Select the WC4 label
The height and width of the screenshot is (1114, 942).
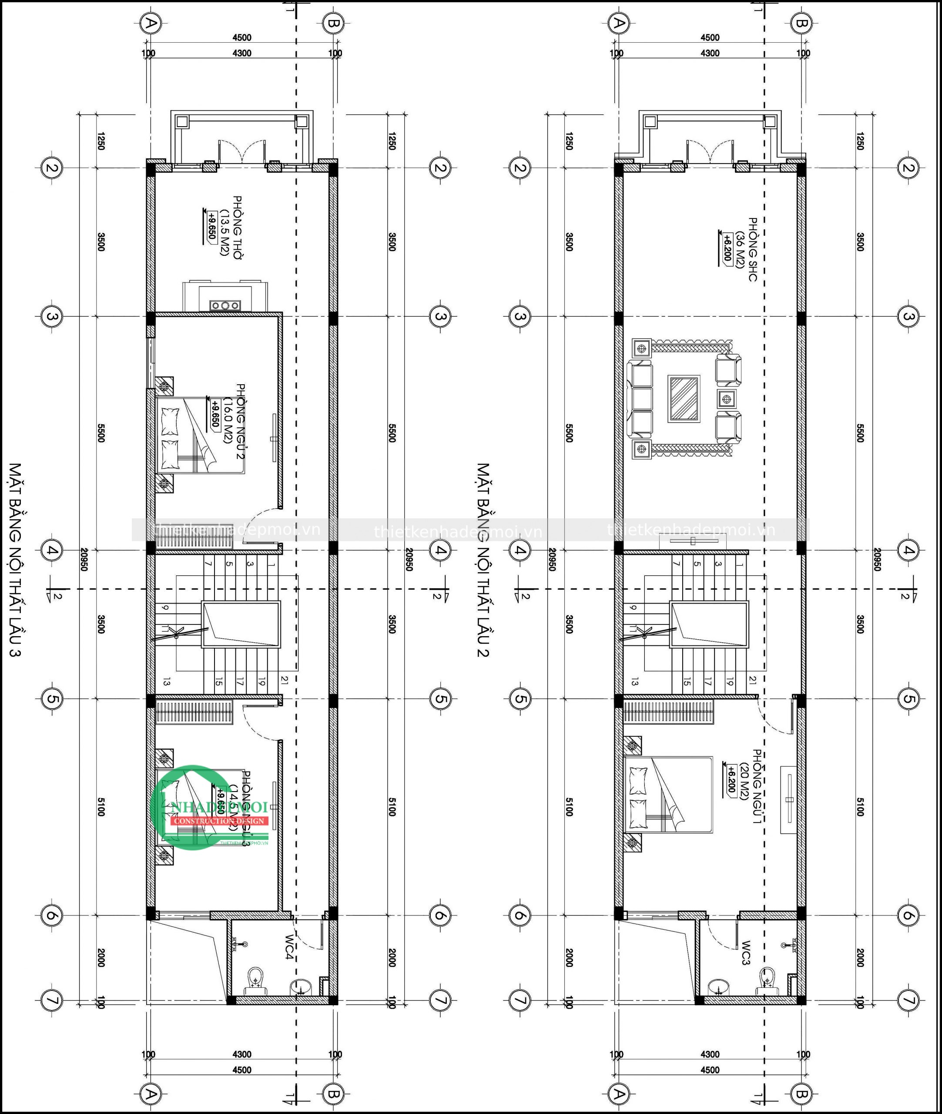pyautogui.click(x=289, y=947)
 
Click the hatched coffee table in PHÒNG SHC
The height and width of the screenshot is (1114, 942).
pyautogui.click(x=684, y=399)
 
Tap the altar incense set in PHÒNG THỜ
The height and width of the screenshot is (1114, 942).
pyautogui.click(x=225, y=305)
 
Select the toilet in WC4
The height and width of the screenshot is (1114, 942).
pyautogui.click(x=257, y=978)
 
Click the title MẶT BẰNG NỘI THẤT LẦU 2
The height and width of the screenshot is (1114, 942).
pyautogui.click(x=484, y=561)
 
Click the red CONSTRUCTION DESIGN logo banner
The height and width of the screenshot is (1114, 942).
pyautogui.click(x=218, y=821)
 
